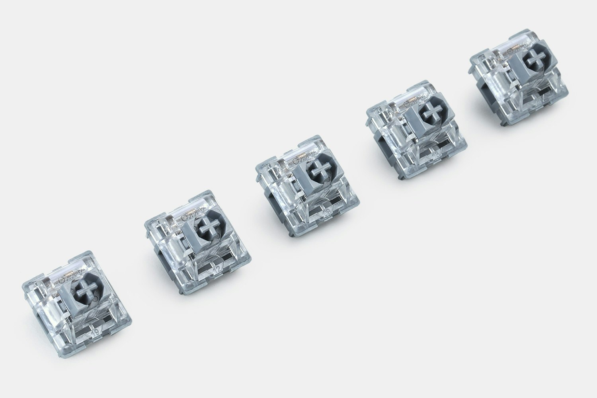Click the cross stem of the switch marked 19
(87, 289)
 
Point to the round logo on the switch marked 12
(185, 219)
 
